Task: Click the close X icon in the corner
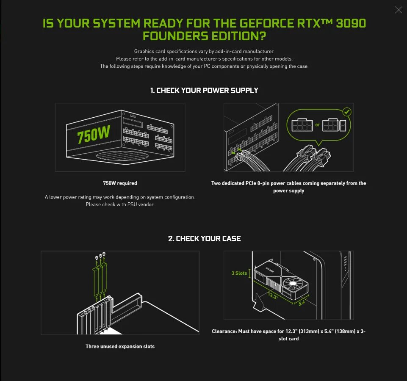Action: click(398, 10)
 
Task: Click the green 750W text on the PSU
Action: click(94, 135)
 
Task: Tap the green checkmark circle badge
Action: click(346, 112)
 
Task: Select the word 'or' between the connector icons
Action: click(317, 125)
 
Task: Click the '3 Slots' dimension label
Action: click(239, 273)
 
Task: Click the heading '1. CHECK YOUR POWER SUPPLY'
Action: click(204, 90)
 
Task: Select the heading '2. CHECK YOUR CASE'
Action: click(204, 238)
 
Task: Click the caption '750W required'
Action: click(120, 183)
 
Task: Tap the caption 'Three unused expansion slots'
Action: click(120, 346)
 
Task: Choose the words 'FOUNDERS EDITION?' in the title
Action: click(204, 36)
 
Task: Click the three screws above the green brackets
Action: click(100, 257)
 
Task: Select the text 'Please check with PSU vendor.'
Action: click(120, 204)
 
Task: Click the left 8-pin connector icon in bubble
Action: click(302, 125)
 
